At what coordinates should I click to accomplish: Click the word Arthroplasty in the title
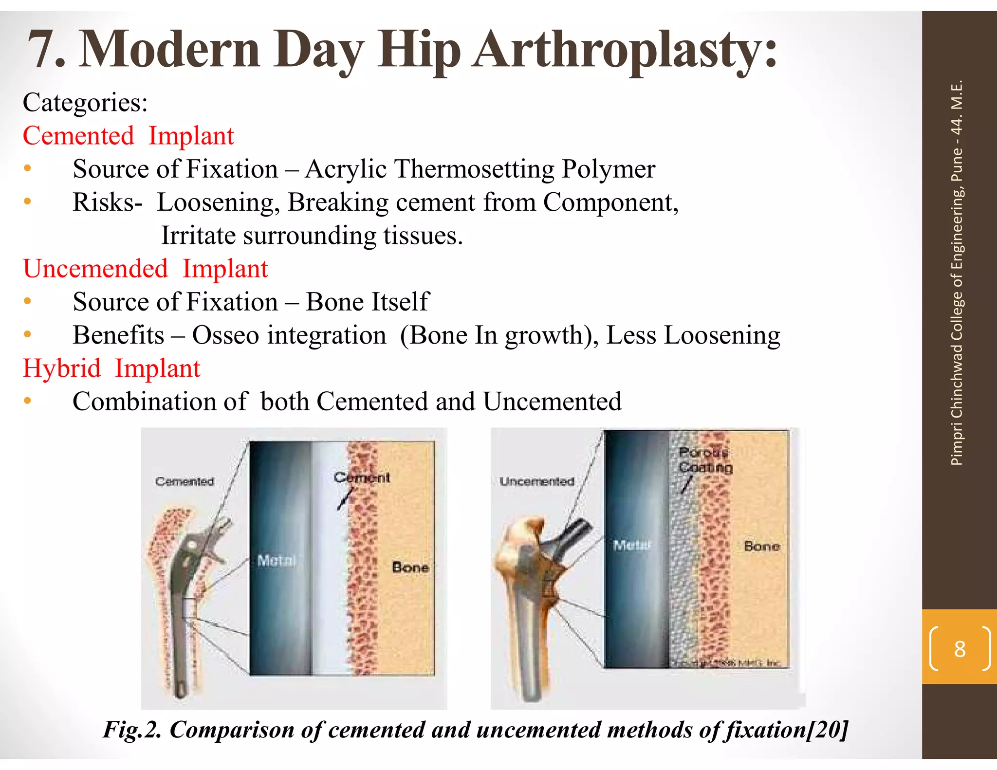pyautogui.click(x=626, y=50)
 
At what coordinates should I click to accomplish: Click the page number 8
pyautogui.click(x=960, y=649)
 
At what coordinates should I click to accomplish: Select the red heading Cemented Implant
pyautogui.click(x=129, y=136)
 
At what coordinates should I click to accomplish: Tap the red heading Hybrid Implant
pyautogui.click(x=111, y=368)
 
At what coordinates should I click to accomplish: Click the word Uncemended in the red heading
pyautogui.click(x=95, y=269)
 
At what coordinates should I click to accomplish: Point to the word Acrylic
pyautogui.click(x=346, y=169)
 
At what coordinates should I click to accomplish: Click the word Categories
pyautogui.click(x=85, y=103)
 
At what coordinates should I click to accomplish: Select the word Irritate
pyautogui.click(x=198, y=236)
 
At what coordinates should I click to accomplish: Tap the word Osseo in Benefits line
pyautogui.click(x=225, y=335)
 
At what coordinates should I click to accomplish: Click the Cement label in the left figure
pyautogui.click(x=362, y=477)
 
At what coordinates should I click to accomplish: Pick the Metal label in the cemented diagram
pyautogui.click(x=276, y=561)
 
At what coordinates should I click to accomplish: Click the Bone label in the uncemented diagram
pyautogui.click(x=761, y=546)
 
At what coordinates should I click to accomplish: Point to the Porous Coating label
pyautogui.click(x=705, y=460)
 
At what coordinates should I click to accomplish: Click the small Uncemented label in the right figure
pyautogui.click(x=536, y=481)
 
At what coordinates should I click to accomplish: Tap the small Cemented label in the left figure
pyautogui.click(x=185, y=481)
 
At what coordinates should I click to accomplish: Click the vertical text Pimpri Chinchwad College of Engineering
pyautogui.click(x=957, y=312)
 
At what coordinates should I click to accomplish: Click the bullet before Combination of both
pyautogui.click(x=28, y=402)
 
